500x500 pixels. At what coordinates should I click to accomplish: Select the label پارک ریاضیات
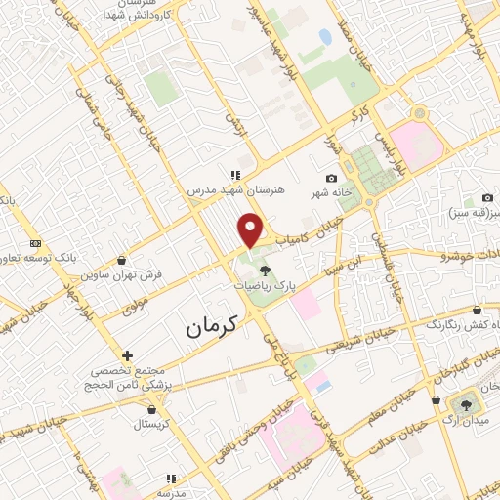point(267,288)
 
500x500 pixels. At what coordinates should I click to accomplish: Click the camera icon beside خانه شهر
point(331,178)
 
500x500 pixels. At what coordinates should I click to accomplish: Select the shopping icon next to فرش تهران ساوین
point(120,260)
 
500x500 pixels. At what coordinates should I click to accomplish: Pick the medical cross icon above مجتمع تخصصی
point(127,354)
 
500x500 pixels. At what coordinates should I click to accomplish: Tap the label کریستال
point(150,426)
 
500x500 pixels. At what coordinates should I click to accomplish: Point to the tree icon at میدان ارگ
point(464,403)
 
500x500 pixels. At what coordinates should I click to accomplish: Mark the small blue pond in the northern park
point(325,37)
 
